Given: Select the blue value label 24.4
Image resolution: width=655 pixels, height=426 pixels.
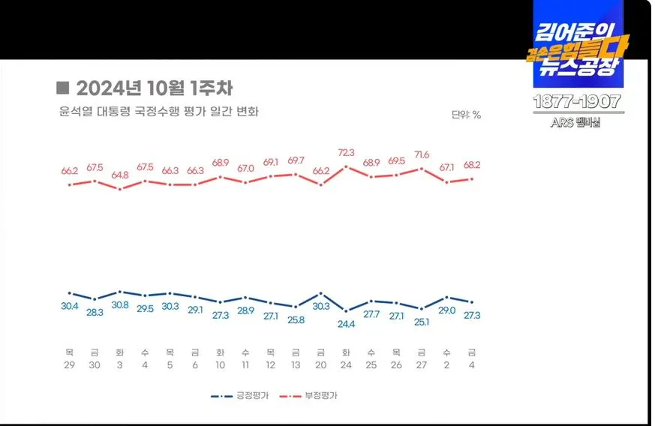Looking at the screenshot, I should tap(346, 324).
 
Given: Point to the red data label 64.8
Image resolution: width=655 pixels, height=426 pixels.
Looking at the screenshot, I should tap(119, 175).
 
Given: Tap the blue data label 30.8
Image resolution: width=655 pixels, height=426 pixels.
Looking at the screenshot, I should tap(119, 305).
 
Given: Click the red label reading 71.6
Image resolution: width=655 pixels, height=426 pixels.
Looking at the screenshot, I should tap(422, 154).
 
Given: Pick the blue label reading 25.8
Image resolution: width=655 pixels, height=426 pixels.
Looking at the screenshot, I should tap(296, 320).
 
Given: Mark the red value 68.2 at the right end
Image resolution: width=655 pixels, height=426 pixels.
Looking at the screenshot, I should tap(472, 165).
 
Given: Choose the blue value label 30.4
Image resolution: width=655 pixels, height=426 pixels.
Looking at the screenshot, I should tap(69, 306).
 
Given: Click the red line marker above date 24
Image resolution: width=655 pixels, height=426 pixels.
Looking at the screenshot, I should tap(346, 166).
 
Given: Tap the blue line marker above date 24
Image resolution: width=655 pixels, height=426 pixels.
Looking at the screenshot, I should tap(346, 310).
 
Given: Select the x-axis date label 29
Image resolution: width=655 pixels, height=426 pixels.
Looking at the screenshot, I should tap(69, 365).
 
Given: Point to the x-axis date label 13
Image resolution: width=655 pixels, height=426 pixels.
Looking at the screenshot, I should tap(296, 365).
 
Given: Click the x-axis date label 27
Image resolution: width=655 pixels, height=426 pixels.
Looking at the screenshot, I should tap(422, 365).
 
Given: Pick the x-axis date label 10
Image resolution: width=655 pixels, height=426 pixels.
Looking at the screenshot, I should tap(220, 365).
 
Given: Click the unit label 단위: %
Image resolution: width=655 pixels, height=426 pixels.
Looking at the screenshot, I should tap(465, 115).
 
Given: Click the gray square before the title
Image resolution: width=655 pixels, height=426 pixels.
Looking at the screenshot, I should tap(63, 87).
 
